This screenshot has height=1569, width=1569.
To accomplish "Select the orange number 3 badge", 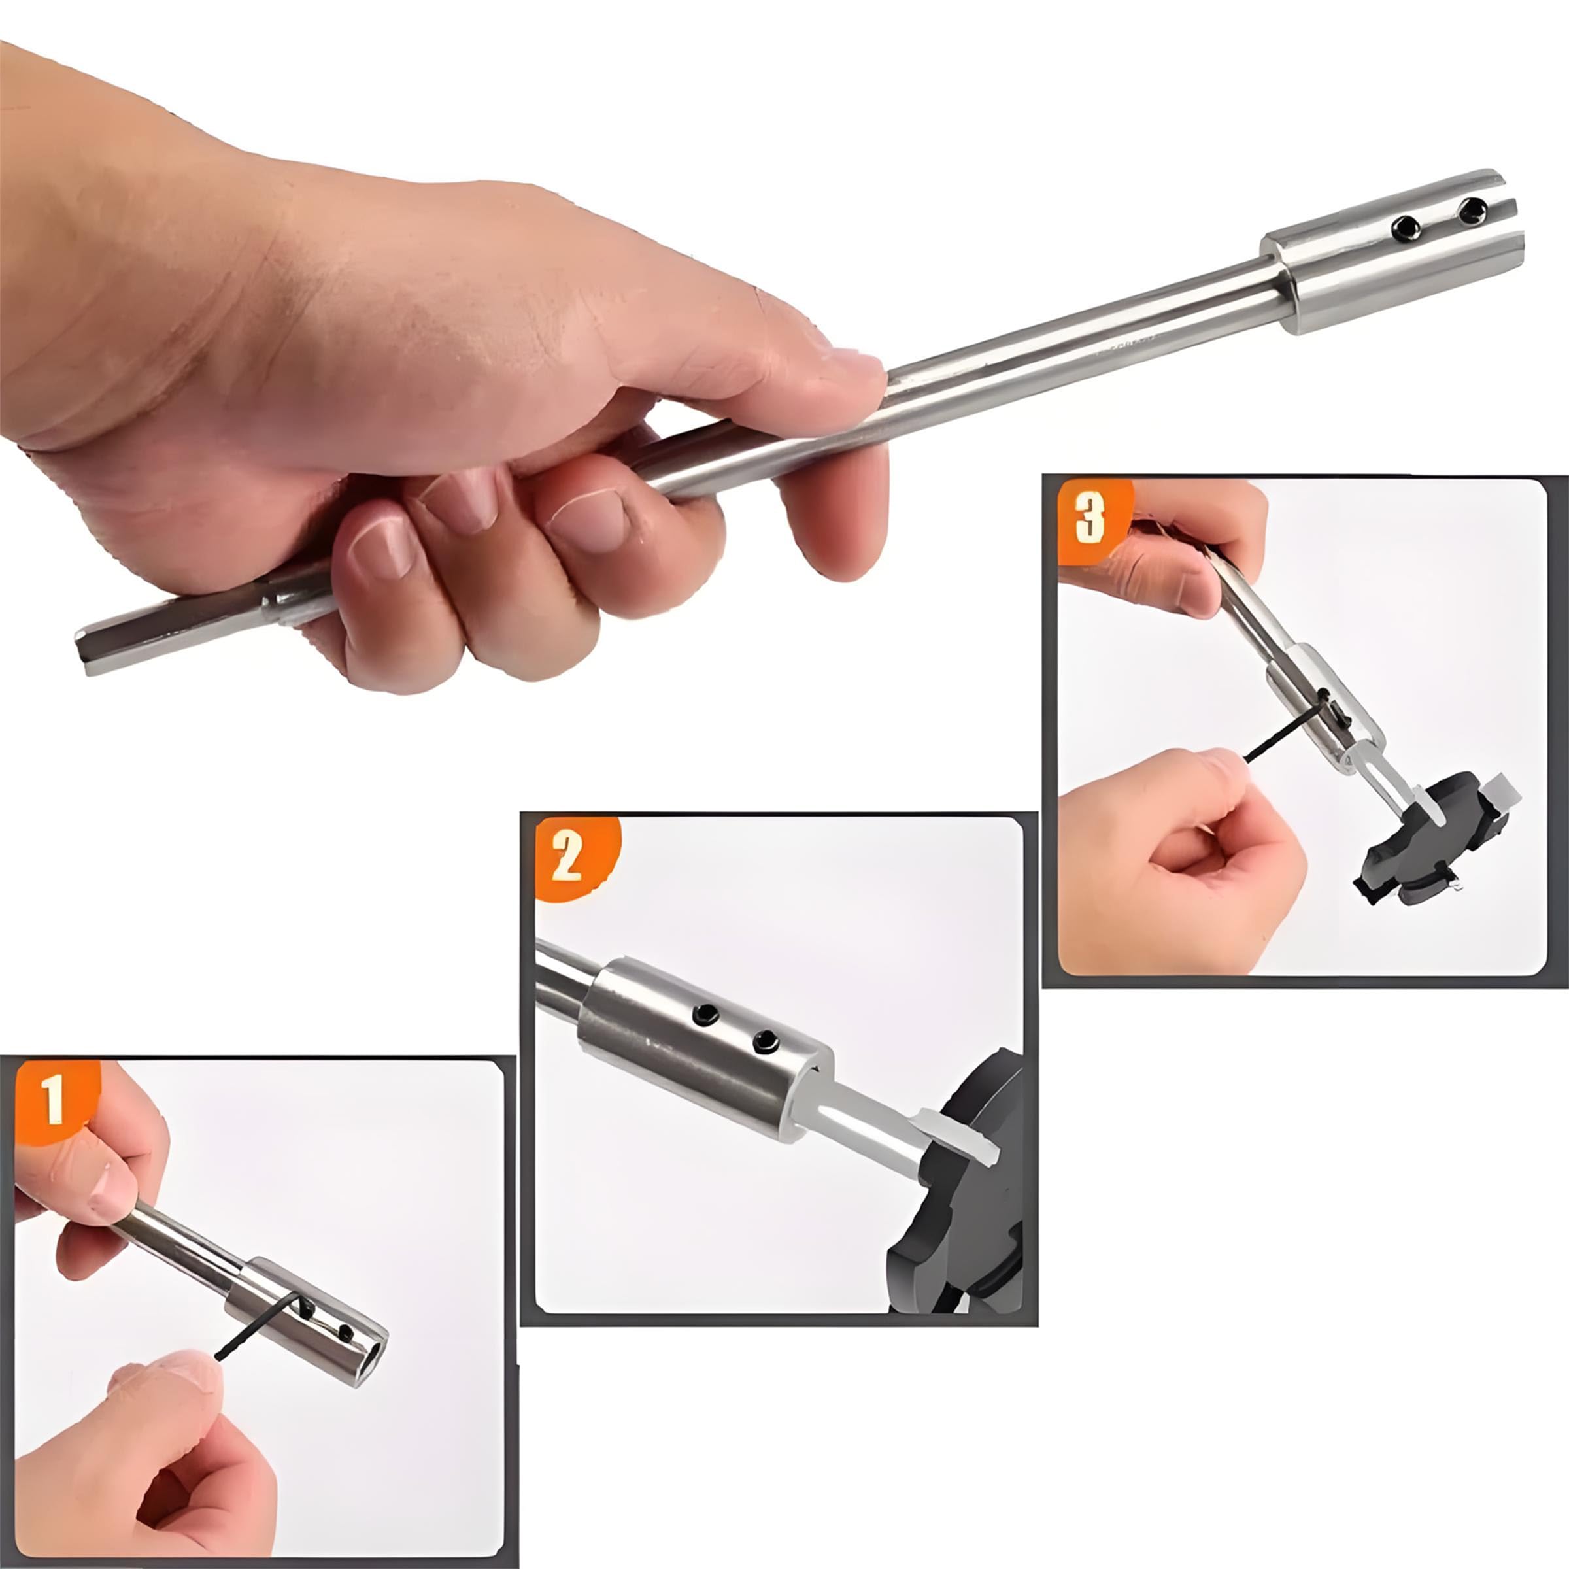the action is coord(1092,520).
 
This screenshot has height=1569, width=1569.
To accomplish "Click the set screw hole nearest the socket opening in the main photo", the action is coord(1472,212).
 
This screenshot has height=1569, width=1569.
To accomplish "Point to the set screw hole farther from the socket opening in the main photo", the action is coord(1405,228).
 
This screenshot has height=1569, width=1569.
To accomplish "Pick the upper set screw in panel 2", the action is coord(706,1013).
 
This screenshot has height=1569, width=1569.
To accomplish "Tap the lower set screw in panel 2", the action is coord(765,1043).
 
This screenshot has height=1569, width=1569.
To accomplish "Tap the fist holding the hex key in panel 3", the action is coord(1181,861).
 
